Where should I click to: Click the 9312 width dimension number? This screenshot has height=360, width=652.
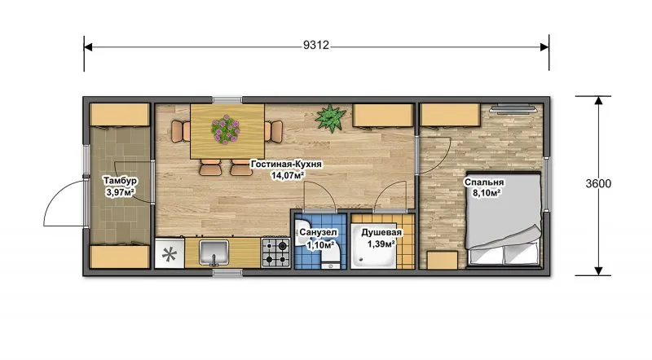(x=316, y=45)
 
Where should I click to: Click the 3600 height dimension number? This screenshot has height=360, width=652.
(x=598, y=184)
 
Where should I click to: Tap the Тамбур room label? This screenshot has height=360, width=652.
(x=120, y=181)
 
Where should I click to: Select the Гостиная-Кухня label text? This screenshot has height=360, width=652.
(x=286, y=165)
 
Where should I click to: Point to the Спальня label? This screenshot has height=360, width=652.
(x=484, y=182)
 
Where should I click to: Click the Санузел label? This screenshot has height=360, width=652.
(x=318, y=232)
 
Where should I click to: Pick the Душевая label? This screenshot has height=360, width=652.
(x=381, y=232)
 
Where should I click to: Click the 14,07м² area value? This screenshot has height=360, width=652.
(x=288, y=175)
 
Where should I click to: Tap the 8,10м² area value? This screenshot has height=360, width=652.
(x=486, y=193)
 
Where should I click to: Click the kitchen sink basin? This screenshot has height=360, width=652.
(x=214, y=252)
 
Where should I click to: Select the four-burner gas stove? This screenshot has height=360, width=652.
(x=276, y=252)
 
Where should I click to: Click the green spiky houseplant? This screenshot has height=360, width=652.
(x=331, y=117)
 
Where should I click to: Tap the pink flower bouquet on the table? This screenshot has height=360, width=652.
(x=226, y=130)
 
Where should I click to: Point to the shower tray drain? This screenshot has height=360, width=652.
(x=359, y=259)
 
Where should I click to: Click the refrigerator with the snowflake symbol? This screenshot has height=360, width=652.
(x=170, y=253)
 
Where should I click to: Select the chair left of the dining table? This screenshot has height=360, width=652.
(x=180, y=131)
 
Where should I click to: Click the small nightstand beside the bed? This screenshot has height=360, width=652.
(x=442, y=261)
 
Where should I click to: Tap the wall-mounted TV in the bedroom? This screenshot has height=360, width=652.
(x=513, y=108)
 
